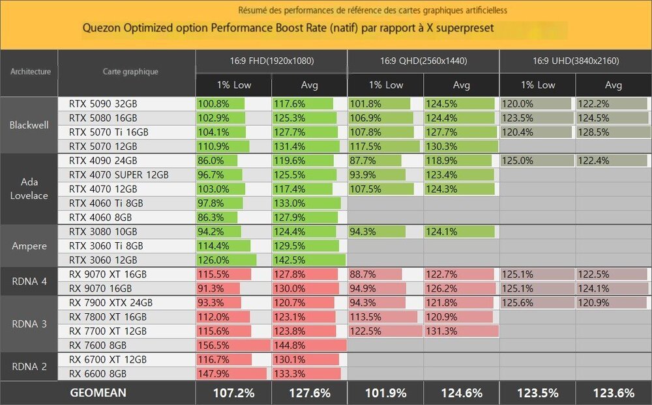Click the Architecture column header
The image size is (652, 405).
[x=30, y=72]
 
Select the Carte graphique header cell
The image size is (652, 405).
[x=130, y=72]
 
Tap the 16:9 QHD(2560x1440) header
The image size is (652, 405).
[x=424, y=61]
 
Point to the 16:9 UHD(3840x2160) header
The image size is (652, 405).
[x=576, y=61]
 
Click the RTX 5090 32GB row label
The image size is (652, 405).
[x=102, y=104]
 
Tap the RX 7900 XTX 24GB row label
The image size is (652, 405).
[x=111, y=303]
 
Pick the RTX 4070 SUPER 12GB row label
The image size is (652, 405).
[x=118, y=175]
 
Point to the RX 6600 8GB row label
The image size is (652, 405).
[x=97, y=374]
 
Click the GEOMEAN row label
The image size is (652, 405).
[x=98, y=393]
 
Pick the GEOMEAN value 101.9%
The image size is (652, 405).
[x=385, y=393]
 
